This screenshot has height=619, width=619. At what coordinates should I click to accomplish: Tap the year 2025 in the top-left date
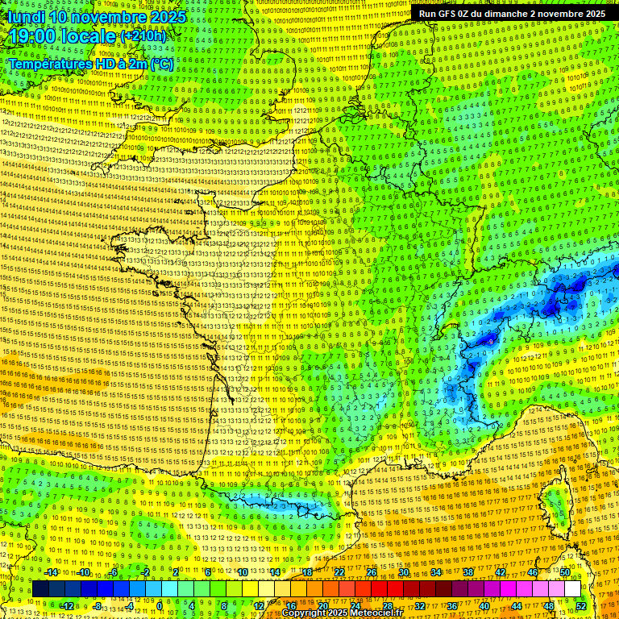(x=167, y=17)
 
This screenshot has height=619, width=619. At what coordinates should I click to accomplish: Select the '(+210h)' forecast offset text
(x=143, y=36)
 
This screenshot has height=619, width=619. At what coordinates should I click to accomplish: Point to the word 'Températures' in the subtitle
(x=48, y=64)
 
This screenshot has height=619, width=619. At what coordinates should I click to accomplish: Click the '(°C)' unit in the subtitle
(x=162, y=64)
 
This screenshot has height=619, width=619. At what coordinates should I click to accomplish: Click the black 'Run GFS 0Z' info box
(x=513, y=14)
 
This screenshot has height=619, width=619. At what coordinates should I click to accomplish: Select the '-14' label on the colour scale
(x=52, y=572)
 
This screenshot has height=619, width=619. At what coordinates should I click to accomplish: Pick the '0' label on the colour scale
(x=160, y=606)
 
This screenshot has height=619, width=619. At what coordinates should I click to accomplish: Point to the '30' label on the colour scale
(x=403, y=572)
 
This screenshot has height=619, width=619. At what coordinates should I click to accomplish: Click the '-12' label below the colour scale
(x=68, y=606)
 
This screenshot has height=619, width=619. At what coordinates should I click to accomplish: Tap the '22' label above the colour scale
(x=339, y=572)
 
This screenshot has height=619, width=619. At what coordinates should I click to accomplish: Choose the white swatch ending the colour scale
(x=572, y=589)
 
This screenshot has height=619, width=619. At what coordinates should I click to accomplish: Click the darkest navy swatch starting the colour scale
(x=40, y=589)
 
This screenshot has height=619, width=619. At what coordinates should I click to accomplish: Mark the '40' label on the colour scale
(x=484, y=606)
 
